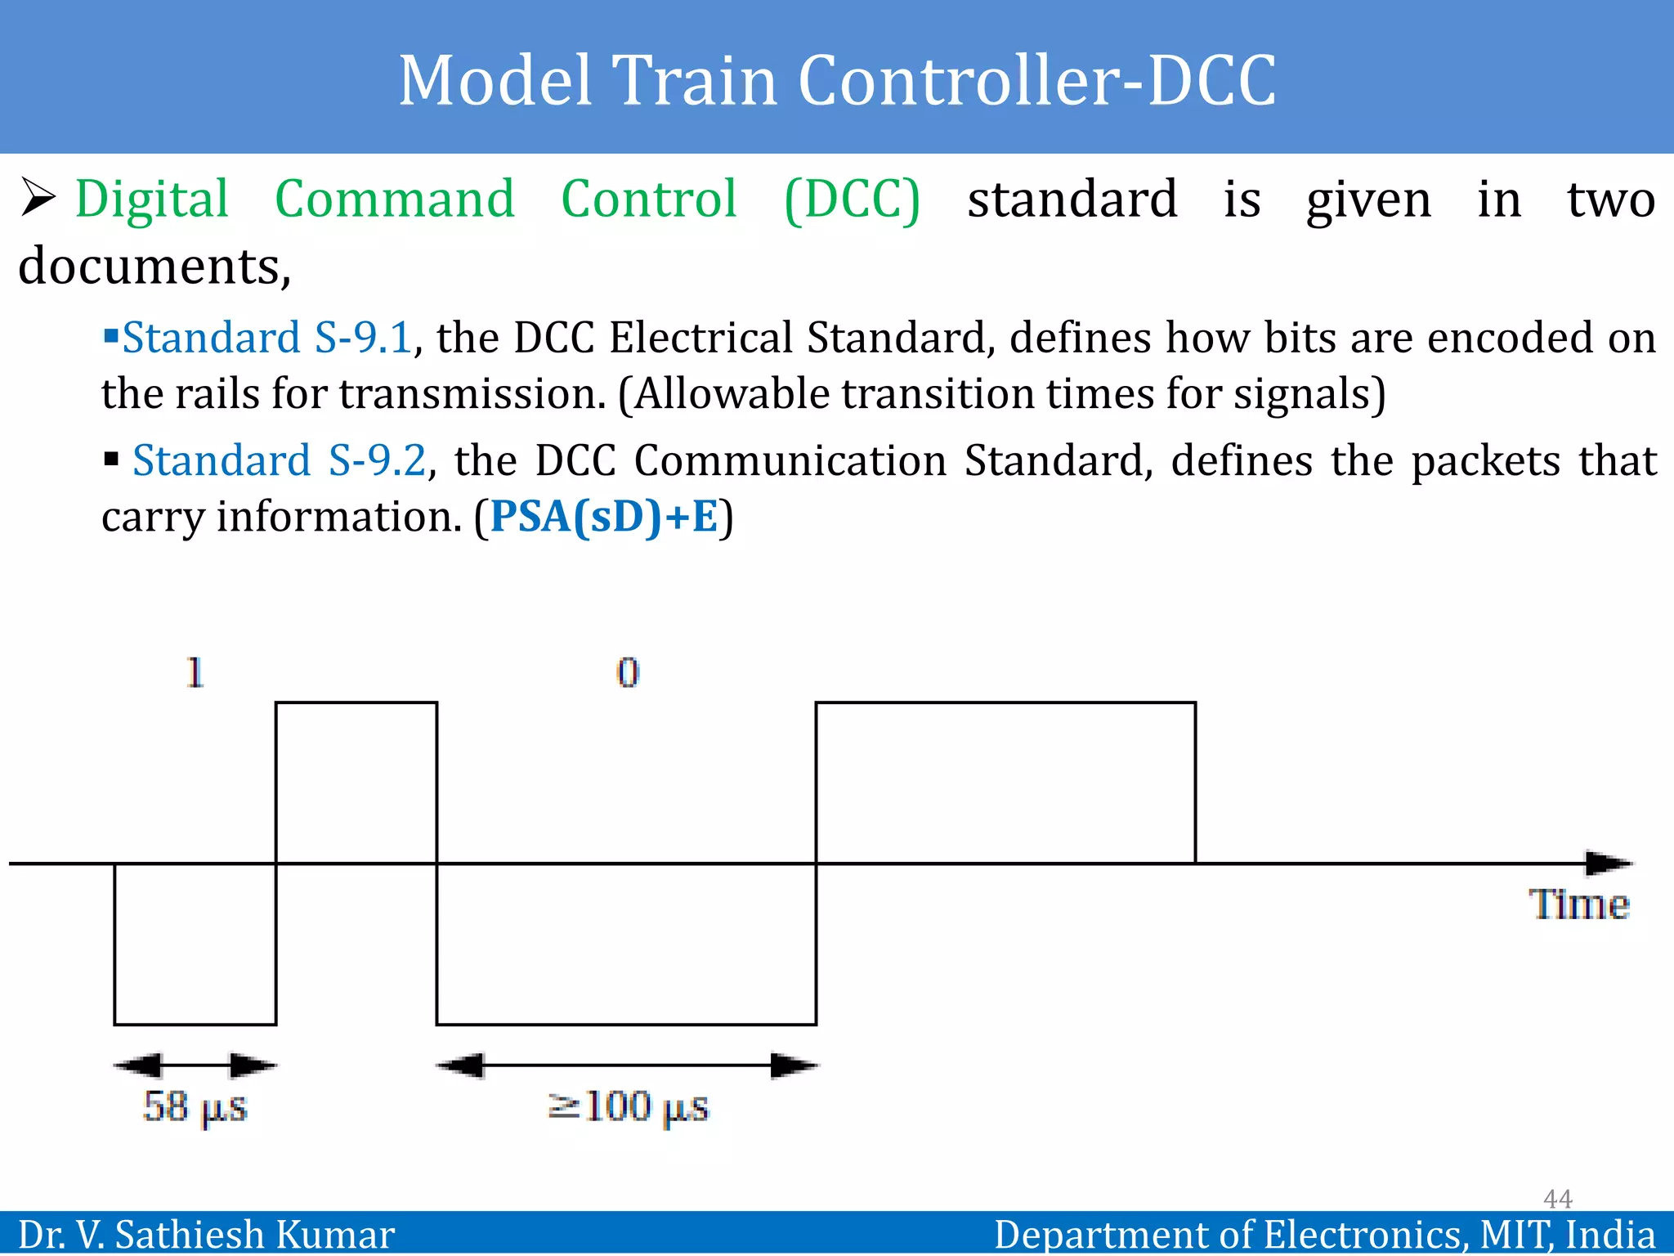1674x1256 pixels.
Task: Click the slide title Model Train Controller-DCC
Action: coord(837,80)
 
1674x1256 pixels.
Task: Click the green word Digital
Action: coord(152,200)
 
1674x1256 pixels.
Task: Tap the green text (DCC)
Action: coord(852,200)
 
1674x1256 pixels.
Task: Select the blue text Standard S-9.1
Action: coord(266,338)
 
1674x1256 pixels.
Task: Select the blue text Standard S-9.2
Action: coord(279,460)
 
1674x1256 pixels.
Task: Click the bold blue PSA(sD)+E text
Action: coord(604,517)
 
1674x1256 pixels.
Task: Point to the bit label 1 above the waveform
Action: coord(195,673)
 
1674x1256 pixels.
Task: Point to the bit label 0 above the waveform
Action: coord(627,673)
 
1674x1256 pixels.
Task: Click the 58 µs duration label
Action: coord(195,1106)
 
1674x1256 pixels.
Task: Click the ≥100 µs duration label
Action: coord(628,1106)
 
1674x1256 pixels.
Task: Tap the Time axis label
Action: coord(1578,904)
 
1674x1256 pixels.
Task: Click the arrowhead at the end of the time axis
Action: coord(1609,863)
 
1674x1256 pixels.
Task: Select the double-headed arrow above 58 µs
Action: coord(195,1065)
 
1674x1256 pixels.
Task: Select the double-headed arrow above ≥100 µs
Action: coord(627,1065)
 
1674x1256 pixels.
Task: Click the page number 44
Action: coord(1557,1198)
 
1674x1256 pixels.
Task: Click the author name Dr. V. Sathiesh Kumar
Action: coord(206,1234)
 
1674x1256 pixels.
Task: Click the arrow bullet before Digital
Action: coord(38,198)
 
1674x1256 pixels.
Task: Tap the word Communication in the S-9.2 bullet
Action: coord(790,460)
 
